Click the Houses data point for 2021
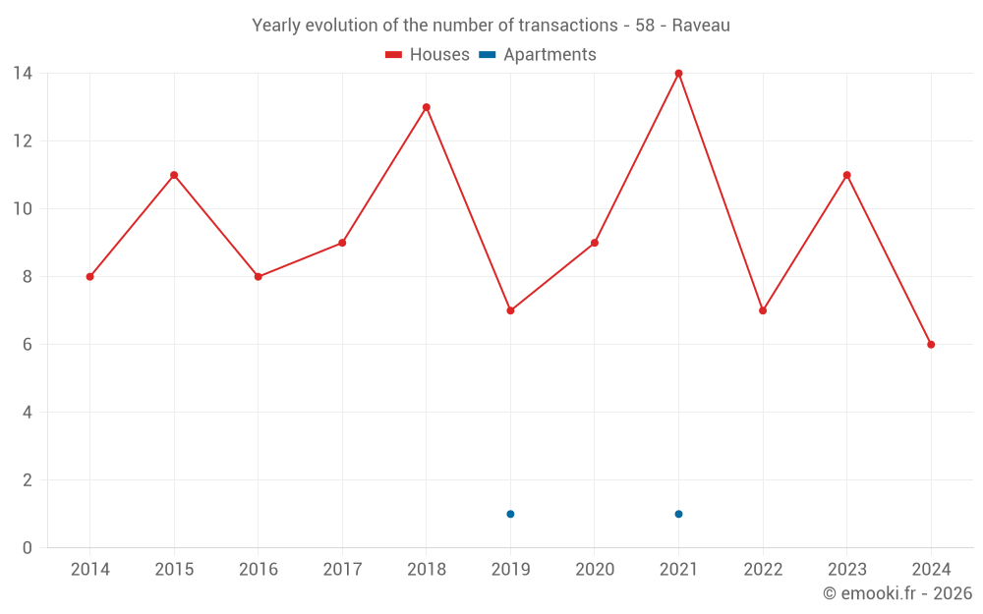[678, 74]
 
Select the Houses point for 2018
[426, 107]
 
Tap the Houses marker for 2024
[931, 345]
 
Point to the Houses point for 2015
[174, 175]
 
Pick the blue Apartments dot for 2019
[510, 514]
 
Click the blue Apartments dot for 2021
[678, 514]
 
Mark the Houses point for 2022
[763, 310]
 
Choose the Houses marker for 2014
[89, 277]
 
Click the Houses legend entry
[428, 55]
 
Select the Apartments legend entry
[538, 55]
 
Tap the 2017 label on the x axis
[342, 570]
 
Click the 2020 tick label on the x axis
[595, 570]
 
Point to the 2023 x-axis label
[846, 570]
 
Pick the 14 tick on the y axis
[23, 74]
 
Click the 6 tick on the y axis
[28, 345]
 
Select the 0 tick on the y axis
[28, 548]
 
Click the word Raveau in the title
[701, 26]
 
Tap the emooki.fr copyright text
[897, 593]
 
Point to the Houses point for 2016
[258, 277]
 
